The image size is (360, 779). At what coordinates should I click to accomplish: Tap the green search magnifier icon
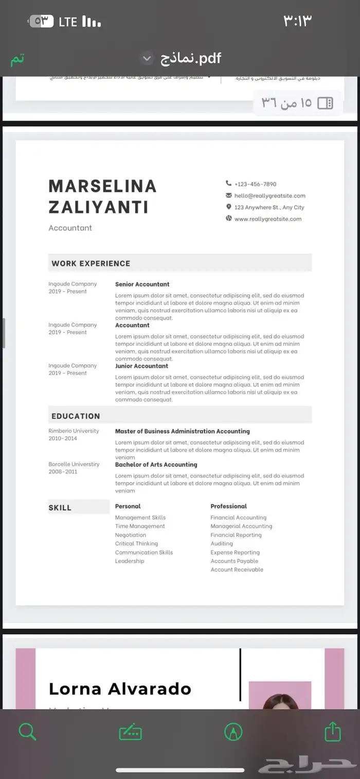pos(27,731)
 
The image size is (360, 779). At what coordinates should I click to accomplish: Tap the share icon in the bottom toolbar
pos(333,731)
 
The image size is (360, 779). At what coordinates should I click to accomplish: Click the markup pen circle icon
pos(233,731)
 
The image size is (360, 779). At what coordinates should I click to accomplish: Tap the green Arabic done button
pos(18,59)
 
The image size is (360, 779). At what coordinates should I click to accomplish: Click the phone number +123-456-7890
pos(255,184)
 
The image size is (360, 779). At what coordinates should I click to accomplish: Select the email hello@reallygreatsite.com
pos(269,196)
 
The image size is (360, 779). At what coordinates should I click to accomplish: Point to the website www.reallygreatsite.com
pos(267,219)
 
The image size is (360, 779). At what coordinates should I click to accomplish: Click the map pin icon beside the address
pos(228,207)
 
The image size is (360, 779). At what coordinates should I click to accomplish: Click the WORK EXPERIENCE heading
pos(91,263)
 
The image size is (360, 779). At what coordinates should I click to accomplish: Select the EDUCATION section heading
pos(76,416)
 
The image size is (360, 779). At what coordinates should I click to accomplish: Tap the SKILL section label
pos(60,508)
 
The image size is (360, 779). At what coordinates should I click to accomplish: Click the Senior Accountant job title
pos(142,285)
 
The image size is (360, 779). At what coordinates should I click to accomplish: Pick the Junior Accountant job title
pos(141,366)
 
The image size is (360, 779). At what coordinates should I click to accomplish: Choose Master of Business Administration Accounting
pos(182,432)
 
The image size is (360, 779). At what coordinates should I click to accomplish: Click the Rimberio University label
pos(74,431)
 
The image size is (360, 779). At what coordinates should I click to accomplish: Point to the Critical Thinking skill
pos(136,544)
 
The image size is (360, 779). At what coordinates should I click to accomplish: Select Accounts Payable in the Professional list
pos(234,561)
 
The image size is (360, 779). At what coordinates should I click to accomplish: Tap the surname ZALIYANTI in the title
pos(98,207)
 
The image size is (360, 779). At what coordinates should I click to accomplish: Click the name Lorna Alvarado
pos(120,689)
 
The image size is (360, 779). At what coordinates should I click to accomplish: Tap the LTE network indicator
pos(68,22)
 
